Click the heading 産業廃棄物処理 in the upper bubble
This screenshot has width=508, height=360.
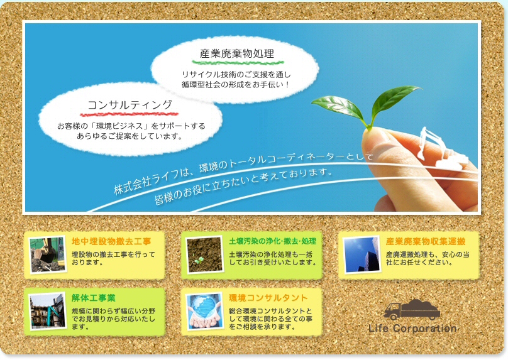(x=237, y=53)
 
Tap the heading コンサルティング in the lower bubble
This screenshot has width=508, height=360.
(x=130, y=104)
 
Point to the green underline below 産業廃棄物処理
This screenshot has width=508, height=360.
(x=238, y=62)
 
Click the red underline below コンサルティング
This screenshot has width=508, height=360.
(x=129, y=114)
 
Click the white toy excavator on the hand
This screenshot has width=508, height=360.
(x=443, y=148)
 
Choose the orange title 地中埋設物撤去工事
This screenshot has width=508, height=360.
(x=111, y=241)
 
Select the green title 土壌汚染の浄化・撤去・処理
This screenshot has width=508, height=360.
(x=272, y=241)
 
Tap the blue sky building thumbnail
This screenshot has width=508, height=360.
(x=362, y=254)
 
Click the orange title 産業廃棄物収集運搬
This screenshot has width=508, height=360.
(x=426, y=241)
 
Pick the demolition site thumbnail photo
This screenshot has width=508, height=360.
(x=48, y=312)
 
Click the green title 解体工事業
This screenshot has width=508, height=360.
(x=93, y=298)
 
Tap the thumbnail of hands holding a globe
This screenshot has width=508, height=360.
(x=205, y=312)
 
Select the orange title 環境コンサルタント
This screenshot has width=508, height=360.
(x=268, y=298)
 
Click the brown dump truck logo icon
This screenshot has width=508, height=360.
(x=412, y=309)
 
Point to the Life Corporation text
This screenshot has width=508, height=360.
(x=412, y=329)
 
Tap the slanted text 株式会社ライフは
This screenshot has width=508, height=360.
(x=152, y=182)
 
